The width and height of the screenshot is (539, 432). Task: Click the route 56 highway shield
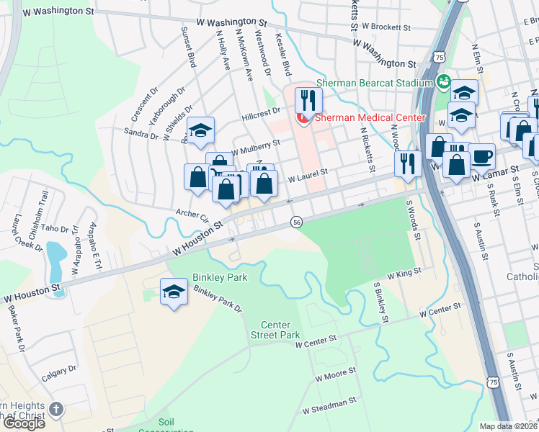click(x=296, y=223)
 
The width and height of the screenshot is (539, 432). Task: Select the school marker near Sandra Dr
click(x=200, y=131)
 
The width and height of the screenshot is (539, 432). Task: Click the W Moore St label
click(x=335, y=374)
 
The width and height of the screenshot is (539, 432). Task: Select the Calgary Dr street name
click(x=59, y=370)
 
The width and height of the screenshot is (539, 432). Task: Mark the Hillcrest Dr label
click(x=261, y=113)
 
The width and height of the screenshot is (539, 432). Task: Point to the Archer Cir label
click(x=192, y=214)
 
